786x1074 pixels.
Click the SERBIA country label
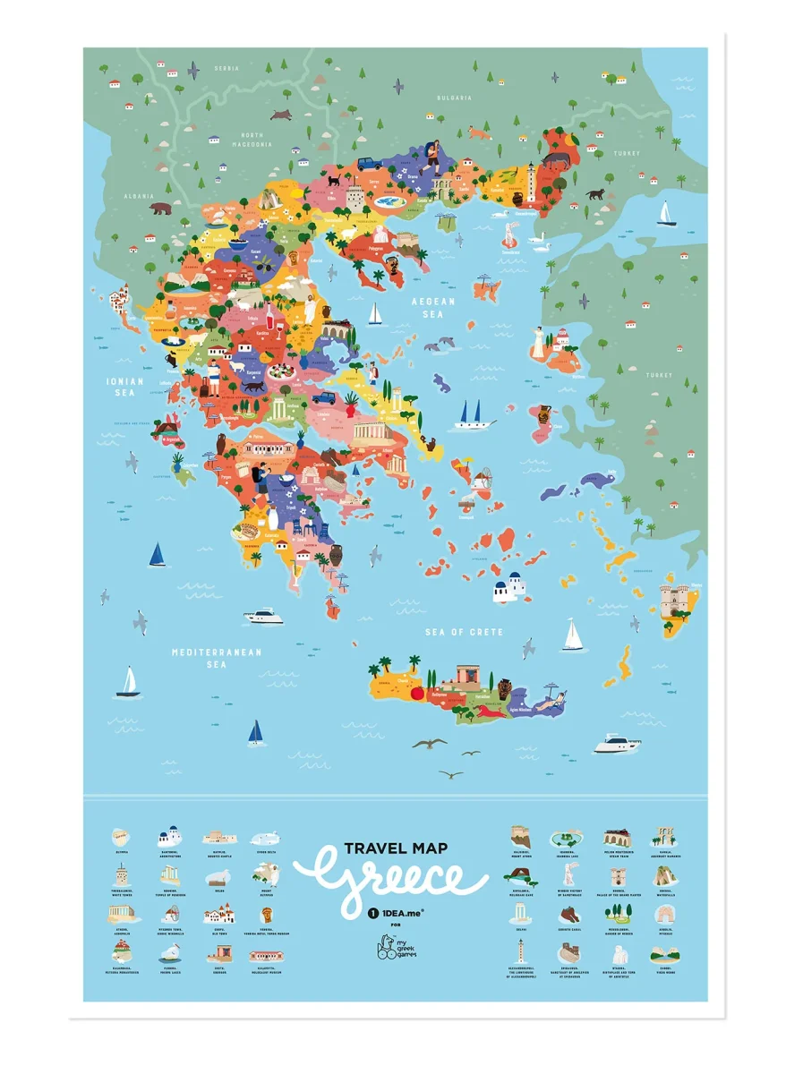coord(226,67)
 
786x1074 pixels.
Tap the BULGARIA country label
coord(454,97)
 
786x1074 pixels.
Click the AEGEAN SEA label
coord(433,307)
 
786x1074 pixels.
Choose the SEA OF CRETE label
coord(463,632)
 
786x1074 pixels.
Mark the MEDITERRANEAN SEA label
coord(217,658)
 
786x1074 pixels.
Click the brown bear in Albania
coord(161,209)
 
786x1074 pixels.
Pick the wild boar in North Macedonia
coord(284,115)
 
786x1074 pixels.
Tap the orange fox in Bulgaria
coord(477,133)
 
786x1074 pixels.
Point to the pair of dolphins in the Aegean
coord(439,345)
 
